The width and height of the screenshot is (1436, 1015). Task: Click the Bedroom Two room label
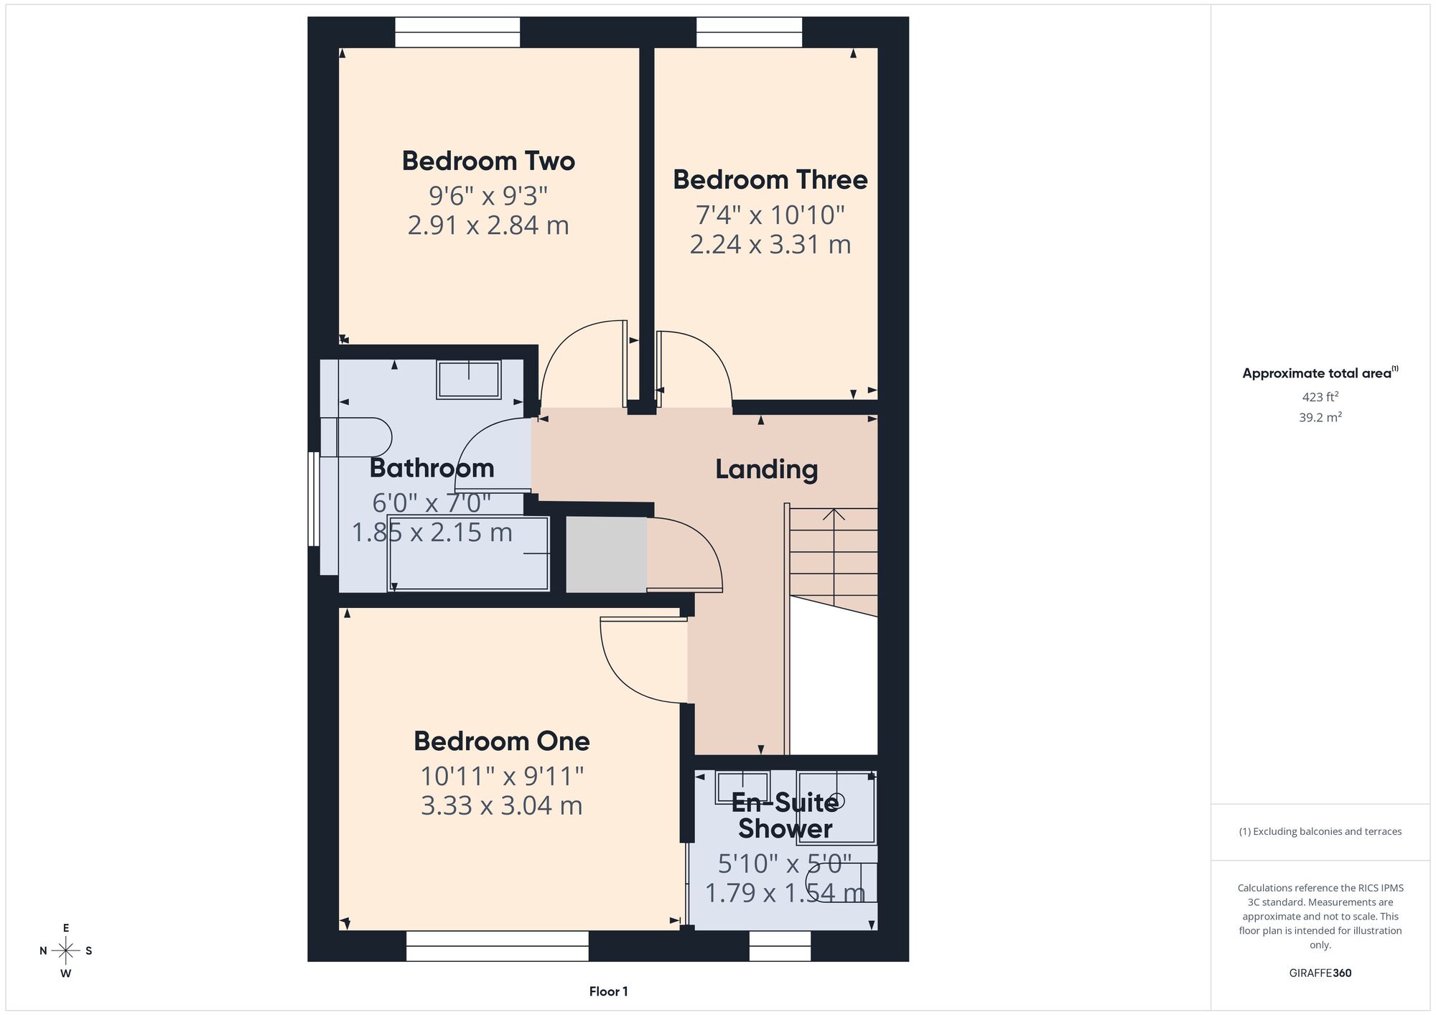click(x=488, y=161)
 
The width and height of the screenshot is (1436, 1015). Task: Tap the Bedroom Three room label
click(x=770, y=179)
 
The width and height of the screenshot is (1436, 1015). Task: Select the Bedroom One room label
click(x=501, y=741)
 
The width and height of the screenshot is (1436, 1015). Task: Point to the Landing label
click(x=766, y=469)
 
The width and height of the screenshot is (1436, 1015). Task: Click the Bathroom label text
click(x=432, y=468)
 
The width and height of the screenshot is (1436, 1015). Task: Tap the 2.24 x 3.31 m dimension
click(x=770, y=245)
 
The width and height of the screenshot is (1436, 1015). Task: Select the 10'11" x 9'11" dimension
click(x=501, y=776)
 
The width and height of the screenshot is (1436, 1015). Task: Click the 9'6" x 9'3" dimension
click(x=488, y=195)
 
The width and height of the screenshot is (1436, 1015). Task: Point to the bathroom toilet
click(x=356, y=437)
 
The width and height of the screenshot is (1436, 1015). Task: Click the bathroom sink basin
click(x=469, y=380)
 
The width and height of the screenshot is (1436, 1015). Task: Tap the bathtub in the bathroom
click(x=469, y=553)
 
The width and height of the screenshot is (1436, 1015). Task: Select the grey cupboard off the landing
click(x=607, y=554)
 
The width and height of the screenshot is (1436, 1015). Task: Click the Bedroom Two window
click(x=457, y=32)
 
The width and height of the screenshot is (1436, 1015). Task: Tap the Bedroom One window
click(x=497, y=946)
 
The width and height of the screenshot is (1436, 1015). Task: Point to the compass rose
click(x=66, y=951)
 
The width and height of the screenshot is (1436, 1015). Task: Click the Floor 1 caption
click(x=608, y=991)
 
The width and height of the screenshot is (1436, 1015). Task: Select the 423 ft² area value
click(x=1320, y=396)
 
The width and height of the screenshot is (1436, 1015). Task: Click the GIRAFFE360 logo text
click(x=1320, y=973)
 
